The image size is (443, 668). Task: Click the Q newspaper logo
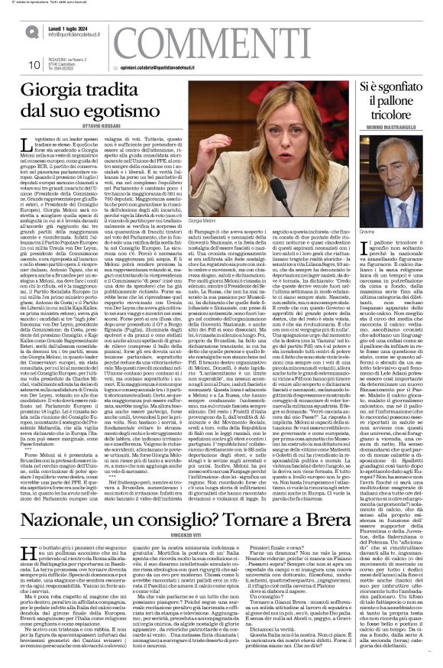[31, 32]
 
